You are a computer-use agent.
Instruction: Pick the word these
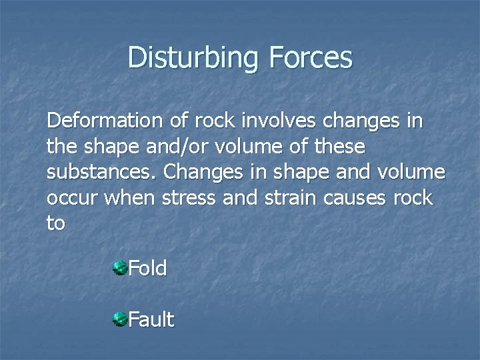(340, 147)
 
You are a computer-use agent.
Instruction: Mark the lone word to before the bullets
(56, 223)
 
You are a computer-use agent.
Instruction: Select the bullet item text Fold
(147, 269)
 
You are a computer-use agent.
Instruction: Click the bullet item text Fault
(151, 320)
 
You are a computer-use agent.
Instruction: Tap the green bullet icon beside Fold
(120, 269)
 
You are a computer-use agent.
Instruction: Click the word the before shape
(62, 147)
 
